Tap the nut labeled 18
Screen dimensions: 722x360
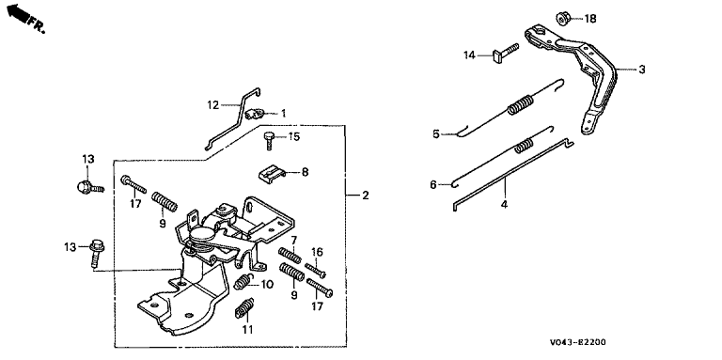click(563, 18)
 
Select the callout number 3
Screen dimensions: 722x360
click(642, 70)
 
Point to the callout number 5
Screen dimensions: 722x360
click(436, 134)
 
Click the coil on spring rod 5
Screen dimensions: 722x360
click(520, 105)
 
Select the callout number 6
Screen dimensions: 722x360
click(433, 185)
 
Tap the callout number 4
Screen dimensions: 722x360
click(504, 204)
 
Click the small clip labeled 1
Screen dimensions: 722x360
click(253, 113)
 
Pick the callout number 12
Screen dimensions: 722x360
click(212, 105)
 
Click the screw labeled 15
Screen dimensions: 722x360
click(269, 140)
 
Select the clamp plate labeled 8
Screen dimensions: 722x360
click(269, 175)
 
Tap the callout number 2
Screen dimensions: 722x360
click(365, 196)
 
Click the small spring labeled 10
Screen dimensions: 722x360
click(243, 282)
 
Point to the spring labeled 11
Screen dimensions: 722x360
click(245, 308)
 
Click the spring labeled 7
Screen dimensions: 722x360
click(290, 255)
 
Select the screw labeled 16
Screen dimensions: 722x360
click(316, 270)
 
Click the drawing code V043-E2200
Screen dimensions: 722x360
click(577, 342)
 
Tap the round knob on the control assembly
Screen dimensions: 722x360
click(202, 235)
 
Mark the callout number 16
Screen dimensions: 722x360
click(317, 252)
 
